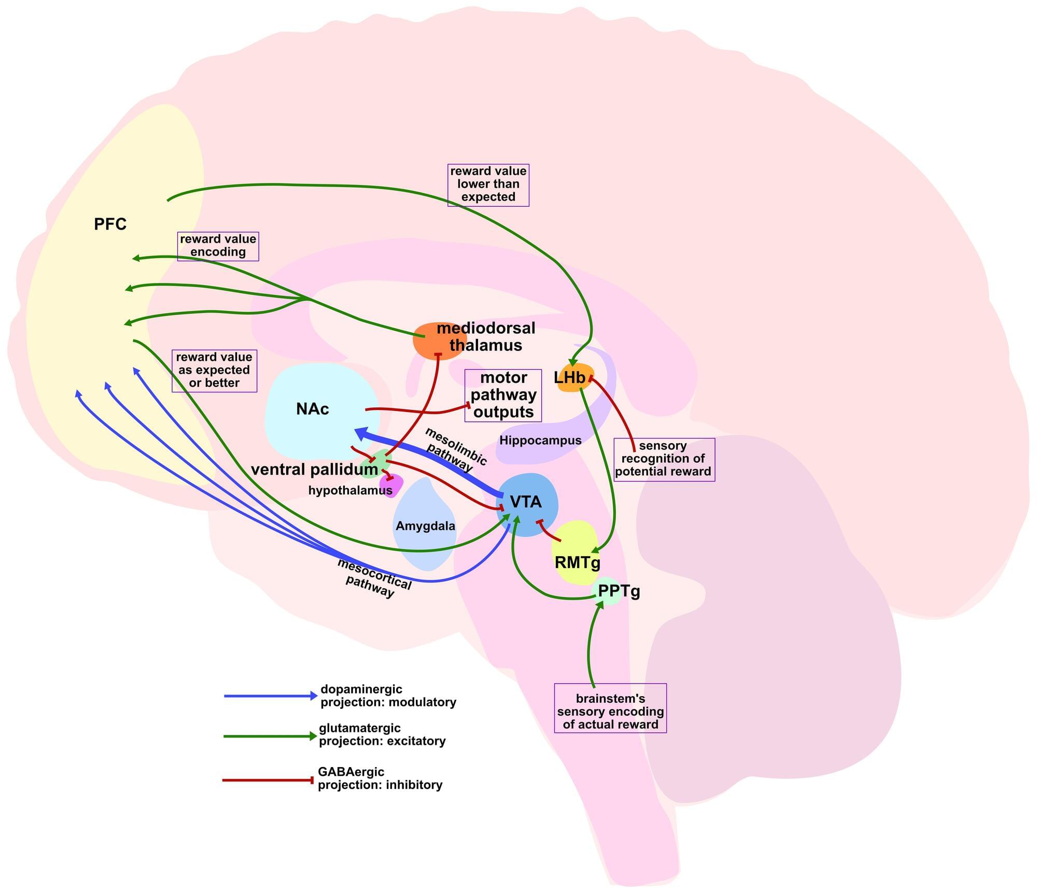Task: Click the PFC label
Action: [110, 224]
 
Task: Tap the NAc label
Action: [312, 409]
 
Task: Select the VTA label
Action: [526, 502]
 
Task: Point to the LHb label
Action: [569, 378]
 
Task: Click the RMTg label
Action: [577, 562]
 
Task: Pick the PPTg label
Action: [619, 591]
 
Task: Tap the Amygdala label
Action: [425, 526]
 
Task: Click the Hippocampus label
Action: [540, 441]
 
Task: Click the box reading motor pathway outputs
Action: [503, 395]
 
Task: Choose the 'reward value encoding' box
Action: [218, 246]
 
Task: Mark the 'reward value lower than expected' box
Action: [488, 185]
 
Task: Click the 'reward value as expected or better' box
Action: [214, 371]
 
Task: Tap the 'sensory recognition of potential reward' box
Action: [664, 459]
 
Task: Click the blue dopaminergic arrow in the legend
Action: [270, 696]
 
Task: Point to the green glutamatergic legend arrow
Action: [270, 736]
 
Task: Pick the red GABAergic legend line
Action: [268, 780]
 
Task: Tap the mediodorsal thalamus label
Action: [485, 337]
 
